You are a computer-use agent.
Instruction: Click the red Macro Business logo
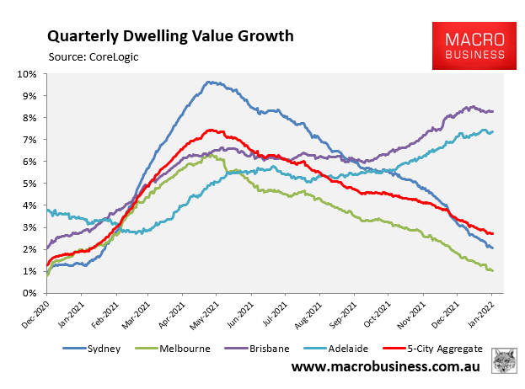point(470,47)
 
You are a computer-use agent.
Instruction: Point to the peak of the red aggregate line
point(211,130)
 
